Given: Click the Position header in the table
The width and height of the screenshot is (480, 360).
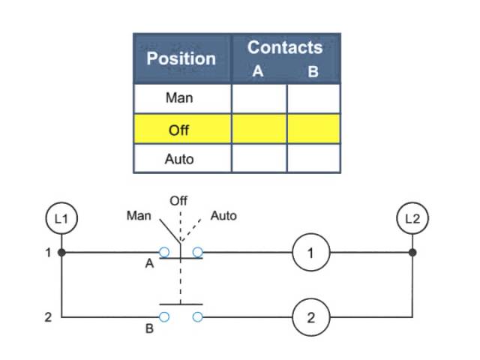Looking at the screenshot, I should pos(181,58).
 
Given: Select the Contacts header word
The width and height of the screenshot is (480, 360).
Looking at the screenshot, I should pos(285,47).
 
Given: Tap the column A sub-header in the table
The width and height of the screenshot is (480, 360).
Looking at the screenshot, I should pos(257,73).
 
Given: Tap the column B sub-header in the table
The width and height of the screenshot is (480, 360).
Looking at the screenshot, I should pos(313,73).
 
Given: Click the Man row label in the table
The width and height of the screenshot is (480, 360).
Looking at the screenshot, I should pos(178,97).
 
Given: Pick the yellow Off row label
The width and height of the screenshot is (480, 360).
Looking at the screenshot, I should pos(178,129).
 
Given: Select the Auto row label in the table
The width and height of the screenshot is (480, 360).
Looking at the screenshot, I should pos(178,159).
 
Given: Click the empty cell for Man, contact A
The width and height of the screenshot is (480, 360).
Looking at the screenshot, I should pos(259,97).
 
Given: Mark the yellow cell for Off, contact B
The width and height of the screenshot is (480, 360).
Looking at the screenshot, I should pos(313,129).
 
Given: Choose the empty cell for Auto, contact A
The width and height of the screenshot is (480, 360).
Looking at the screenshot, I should pos(259,159).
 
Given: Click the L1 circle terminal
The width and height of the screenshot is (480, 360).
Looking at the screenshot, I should pos(61,219).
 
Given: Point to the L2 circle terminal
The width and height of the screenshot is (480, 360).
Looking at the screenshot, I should pos(412,219).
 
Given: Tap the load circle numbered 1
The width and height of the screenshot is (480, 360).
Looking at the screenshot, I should pos(310,253).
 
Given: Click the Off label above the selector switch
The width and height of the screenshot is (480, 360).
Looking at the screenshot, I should pos(178,200).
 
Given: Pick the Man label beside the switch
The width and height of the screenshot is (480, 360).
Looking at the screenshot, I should pos(139,216).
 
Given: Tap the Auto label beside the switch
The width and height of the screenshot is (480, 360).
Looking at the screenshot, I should pos(223,216).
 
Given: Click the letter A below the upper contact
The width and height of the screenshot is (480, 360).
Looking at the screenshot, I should pos(149,264).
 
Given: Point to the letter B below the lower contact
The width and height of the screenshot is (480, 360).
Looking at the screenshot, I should pos(149,328).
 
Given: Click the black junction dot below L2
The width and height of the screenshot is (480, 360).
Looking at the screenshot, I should pos(412,253).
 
